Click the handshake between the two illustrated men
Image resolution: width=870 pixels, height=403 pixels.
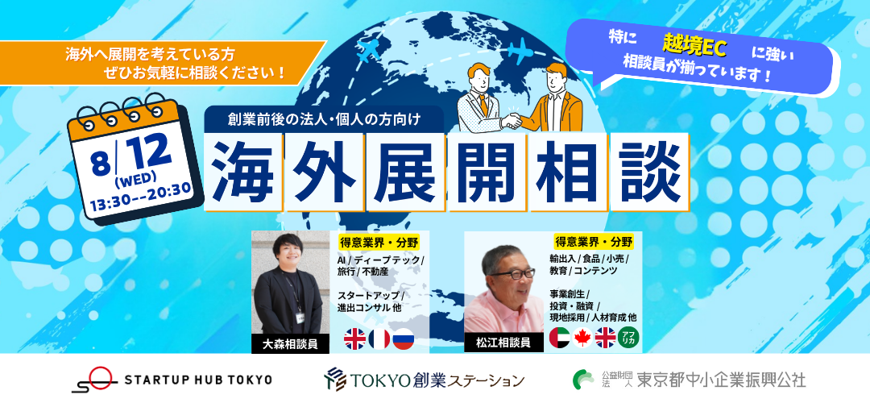(x=511, y=120)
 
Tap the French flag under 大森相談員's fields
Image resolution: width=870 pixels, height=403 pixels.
(x=379, y=339)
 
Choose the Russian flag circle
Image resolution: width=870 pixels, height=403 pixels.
(x=404, y=339)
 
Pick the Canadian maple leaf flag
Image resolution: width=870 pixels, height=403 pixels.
(x=582, y=338)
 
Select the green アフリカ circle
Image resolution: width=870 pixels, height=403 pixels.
(x=628, y=338)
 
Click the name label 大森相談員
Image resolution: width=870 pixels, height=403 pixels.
(x=290, y=344)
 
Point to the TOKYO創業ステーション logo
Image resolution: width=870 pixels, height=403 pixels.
(x=425, y=379)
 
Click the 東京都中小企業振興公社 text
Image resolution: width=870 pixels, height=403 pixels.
(x=721, y=380)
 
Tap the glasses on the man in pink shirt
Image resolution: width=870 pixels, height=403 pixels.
(x=512, y=274)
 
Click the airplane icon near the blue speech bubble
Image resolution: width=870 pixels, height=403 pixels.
(x=520, y=51)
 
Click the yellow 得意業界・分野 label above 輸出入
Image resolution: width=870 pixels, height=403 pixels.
(x=594, y=242)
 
